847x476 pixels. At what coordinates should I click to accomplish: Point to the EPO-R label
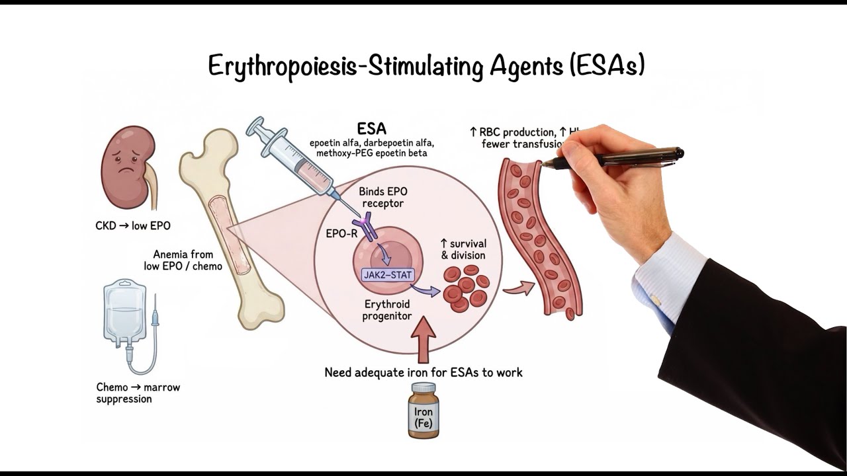(341, 233)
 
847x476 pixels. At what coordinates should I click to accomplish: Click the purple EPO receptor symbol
(366, 227)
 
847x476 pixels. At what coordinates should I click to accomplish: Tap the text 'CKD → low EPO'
(133, 226)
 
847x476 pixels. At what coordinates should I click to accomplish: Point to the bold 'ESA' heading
(372, 128)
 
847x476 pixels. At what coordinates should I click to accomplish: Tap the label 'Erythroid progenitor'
(387, 310)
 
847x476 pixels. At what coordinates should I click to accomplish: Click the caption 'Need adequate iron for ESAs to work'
(423, 373)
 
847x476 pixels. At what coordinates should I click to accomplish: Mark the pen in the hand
(619, 157)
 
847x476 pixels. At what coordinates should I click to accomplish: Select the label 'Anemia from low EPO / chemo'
(183, 260)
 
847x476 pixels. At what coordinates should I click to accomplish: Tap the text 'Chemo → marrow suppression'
(138, 393)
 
